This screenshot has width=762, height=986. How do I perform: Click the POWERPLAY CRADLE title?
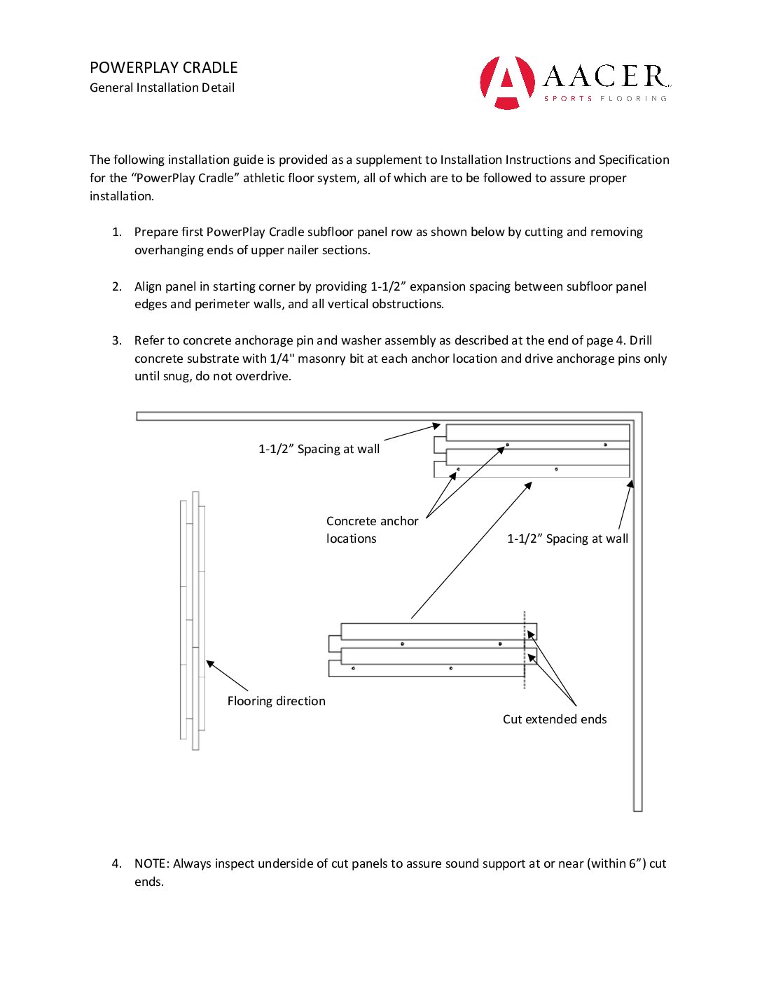pyautogui.click(x=164, y=68)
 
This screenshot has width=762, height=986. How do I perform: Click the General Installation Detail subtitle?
pyautogui.click(x=162, y=88)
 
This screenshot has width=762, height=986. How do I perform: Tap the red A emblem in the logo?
pyautogui.click(x=507, y=83)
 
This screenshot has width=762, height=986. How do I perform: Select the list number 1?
pyautogui.click(x=117, y=232)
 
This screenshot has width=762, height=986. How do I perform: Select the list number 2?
pyautogui.click(x=117, y=286)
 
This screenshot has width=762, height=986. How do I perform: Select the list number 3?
pyautogui.click(x=117, y=340)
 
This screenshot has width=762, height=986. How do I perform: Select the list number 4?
pyautogui.click(x=117, y=863)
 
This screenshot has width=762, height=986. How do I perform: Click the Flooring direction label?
pyautogui.click(x=276, y=701)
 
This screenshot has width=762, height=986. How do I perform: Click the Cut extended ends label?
pyautogui.click(x=555, y=719)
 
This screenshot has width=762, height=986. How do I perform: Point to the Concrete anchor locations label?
pyautogui.click(x=372, y=529)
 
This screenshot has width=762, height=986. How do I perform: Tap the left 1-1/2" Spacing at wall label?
pyautogui.click(x=319, y=449)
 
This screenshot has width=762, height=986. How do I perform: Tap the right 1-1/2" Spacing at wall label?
pyautogui.click(x=567, y=539)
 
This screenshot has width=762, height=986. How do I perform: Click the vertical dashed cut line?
pyautogui.click(x=525, y=651)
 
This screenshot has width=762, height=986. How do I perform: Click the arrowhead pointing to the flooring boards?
pyautogui.click(x=209, y=663)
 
